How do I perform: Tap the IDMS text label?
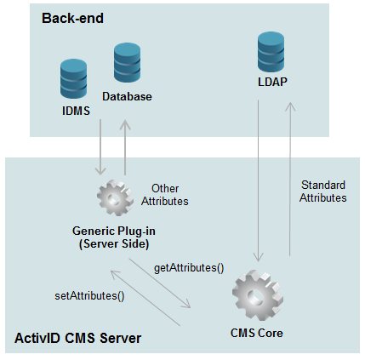[x=75, y=111]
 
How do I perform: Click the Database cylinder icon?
[x=128, y=64]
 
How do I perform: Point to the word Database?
[x=127, y=96]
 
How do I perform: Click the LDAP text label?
[x=272, y=83]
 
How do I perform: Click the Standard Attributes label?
[x=322, y=191]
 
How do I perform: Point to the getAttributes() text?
[x=189, y=268]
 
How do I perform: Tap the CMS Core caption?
[x=257, y=333]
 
